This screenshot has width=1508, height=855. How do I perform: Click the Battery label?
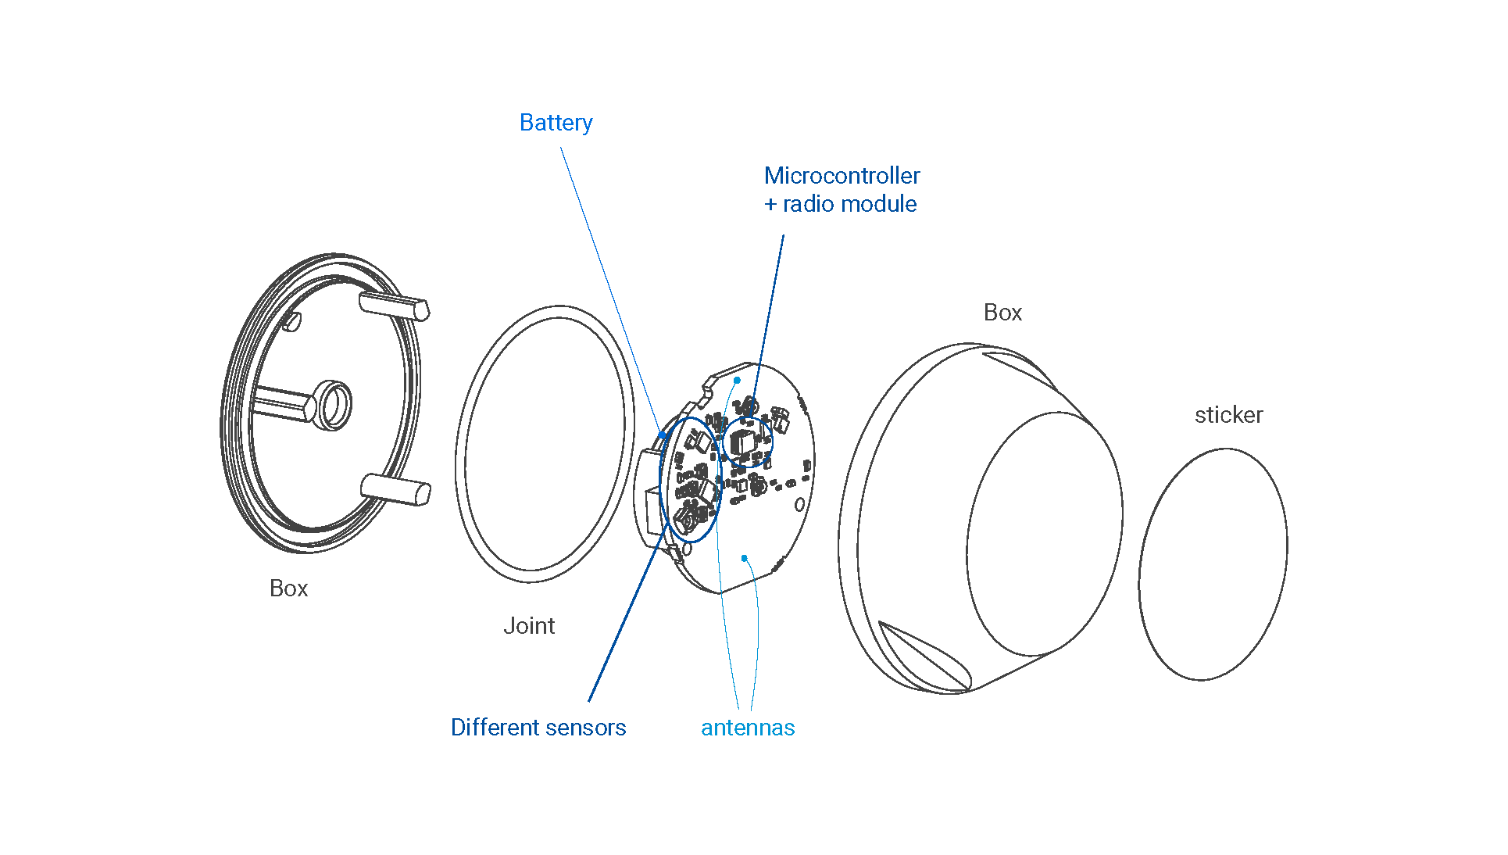(556, 123)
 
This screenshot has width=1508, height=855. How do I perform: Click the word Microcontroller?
(842, 176)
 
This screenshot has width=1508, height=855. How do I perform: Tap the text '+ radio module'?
(840, 204)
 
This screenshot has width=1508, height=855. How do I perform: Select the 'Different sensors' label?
(538, 728)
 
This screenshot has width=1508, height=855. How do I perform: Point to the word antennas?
(748, 728)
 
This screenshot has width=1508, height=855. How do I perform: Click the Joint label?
(529, 626)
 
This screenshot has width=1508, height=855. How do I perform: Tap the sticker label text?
(1228, 415)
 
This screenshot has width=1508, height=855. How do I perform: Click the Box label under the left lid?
(288, 588)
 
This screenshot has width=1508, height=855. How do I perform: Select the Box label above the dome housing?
(1002, 313)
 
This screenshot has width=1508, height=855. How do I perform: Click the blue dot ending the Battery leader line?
(663, 435)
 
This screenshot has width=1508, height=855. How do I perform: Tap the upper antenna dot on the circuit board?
(737, 381)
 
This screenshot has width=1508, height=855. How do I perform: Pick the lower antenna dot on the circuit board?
(745, 558)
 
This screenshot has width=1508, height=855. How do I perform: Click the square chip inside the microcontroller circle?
(741, 442)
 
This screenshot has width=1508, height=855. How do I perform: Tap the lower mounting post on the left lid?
(396, 489)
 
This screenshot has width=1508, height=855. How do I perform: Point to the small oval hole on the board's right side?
(799, 505)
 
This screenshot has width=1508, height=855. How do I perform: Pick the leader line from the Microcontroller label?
(770, 313)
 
